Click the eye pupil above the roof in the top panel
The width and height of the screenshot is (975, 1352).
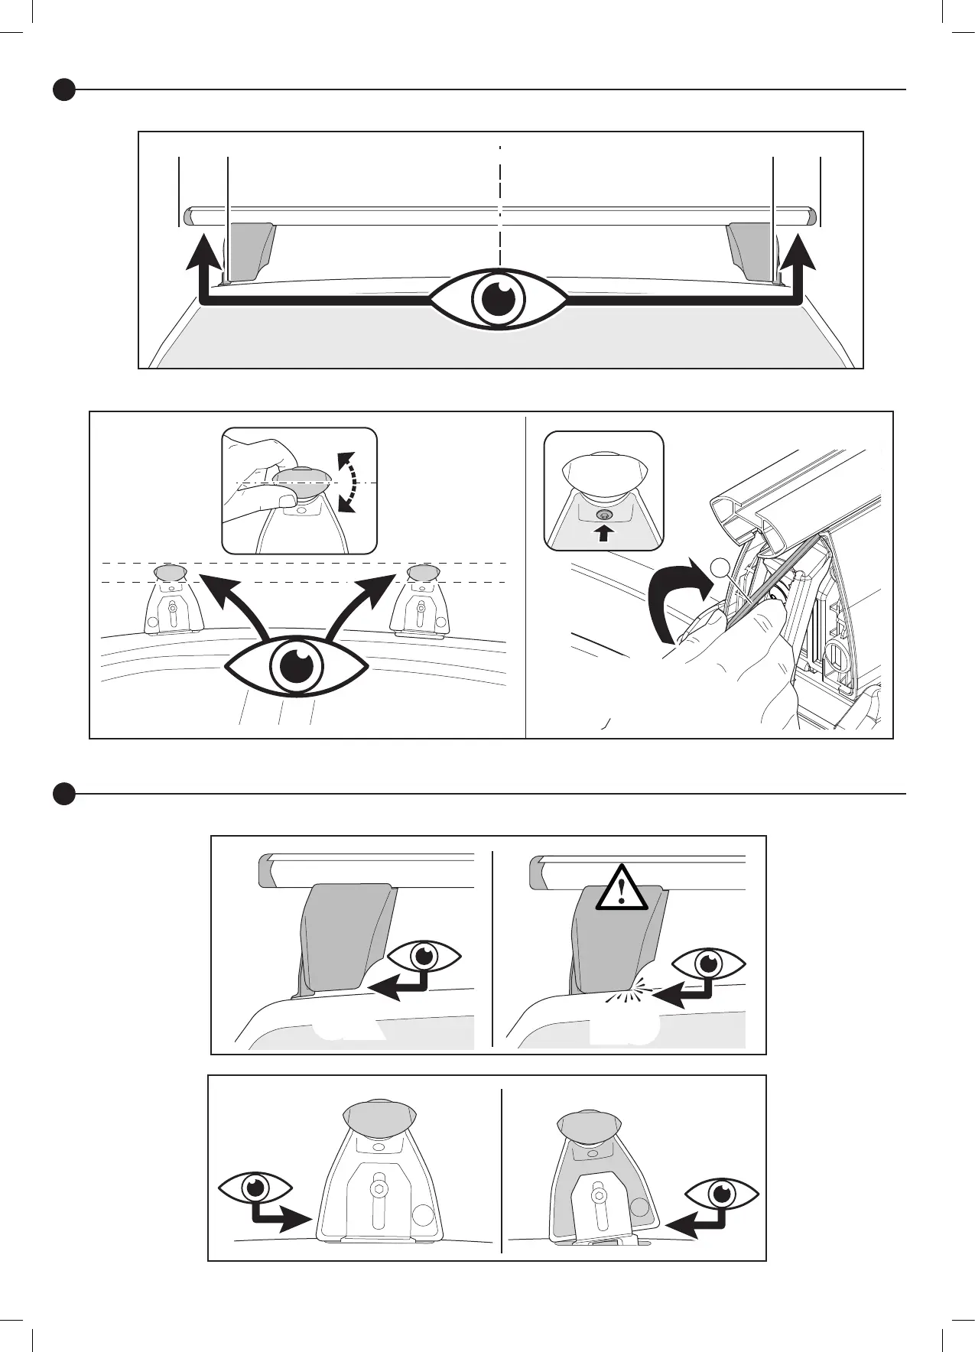(498, 300)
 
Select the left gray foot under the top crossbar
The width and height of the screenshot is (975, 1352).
(252, 251)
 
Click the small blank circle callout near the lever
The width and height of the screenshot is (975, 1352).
(719, 567)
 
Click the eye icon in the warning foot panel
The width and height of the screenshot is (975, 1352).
(709, 962)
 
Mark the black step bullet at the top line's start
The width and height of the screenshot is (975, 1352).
(64, 89)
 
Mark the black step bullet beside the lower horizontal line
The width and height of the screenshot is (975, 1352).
(64, 794)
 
